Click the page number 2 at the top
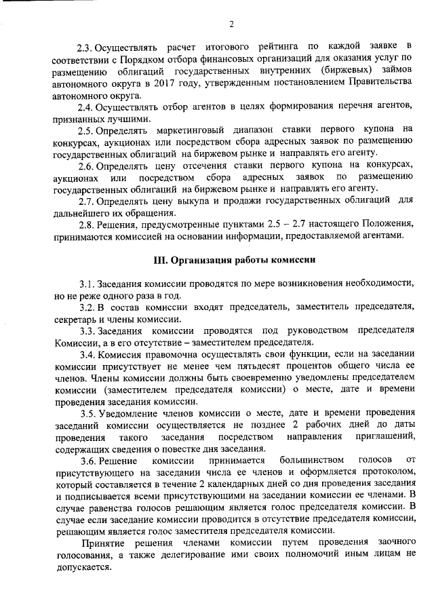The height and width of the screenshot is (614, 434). point(231,26)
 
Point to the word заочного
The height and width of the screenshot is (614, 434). point(393,543)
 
